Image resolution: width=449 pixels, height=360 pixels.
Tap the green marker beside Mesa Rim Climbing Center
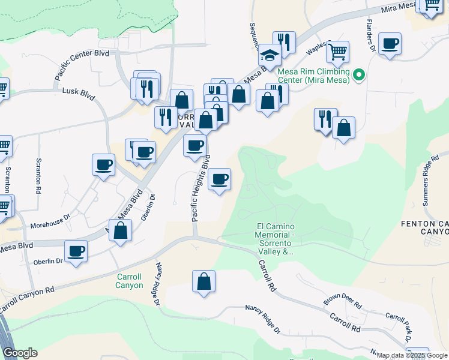pyautogui.click(x=359, y=75)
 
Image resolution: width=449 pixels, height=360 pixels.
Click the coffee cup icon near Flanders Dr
pyautogui.click(x=390, y=44)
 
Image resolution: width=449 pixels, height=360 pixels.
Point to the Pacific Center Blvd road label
pyautogui.click(x=82, y=65)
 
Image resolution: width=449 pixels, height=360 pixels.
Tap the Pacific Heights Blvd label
pyautogui.click(x=200, y=189)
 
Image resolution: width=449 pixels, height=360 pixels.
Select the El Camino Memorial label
pyautogui.click(x=274, y=239)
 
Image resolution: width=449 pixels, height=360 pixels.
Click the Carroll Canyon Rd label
pyautogui.click(x=27, y=300)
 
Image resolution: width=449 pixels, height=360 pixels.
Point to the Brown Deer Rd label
pyautogui.click(x=342, y=302)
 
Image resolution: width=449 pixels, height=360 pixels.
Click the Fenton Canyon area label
pyautogui.click(x=424, y=228)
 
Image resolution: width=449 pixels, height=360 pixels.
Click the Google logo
pyautogui.click(x=20, y=353)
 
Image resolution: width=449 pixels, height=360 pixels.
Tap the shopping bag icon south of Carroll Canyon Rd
pyautogui.click(x=204, y=281)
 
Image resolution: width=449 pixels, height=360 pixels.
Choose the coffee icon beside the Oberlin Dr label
pyautogui.click(x=76, y=251)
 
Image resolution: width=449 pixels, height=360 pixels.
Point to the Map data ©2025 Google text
pyautogui.click(x=412, y=356)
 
